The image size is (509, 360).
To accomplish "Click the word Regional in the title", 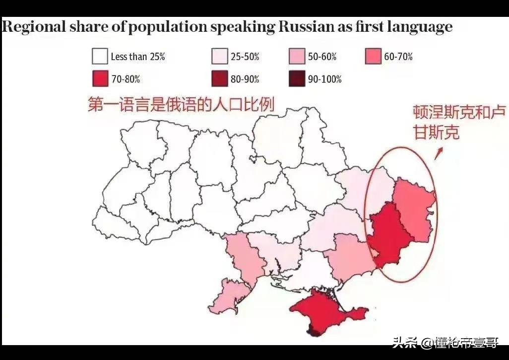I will click(x=33, y=26).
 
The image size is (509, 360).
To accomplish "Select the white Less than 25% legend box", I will click(x=100, y=56).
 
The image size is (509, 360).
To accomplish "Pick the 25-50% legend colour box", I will click(x=219, y=56).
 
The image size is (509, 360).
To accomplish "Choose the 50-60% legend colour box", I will click(x=297, y=56).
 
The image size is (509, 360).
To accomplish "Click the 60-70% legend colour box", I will click(x=373, y=56).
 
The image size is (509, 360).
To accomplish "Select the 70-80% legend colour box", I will click(x=100, y=79).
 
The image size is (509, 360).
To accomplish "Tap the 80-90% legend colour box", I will click(x=219, y=79).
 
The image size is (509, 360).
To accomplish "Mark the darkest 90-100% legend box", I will click(x=297, y=79).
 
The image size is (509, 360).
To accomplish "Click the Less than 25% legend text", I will click(x=138, y=57).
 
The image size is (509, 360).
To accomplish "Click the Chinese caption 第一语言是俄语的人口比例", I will click(x=181, y=105).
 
